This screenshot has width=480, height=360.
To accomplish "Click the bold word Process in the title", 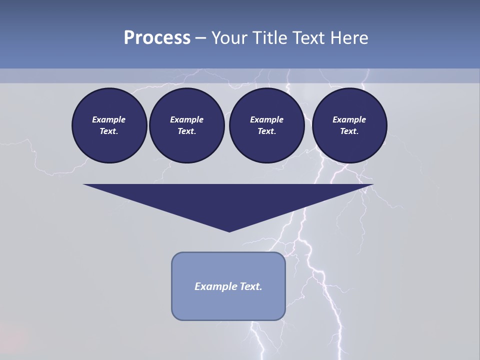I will (x=157, y=38).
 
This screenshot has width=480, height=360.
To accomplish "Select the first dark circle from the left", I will (x=109, y=125).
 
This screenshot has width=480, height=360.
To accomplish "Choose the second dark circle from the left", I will (x=186, y=125).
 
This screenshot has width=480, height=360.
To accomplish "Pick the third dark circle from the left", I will (x=266, y=125).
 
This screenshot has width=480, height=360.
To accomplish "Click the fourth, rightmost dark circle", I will (x=349, y=125).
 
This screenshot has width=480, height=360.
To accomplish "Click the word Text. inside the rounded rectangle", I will (x=250, y=286).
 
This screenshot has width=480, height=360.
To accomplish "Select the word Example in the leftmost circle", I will (x=109, y=119).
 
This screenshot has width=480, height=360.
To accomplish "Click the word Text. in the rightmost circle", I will (x=349, y=131).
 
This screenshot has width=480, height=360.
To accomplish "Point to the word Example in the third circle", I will (x=266, y=119).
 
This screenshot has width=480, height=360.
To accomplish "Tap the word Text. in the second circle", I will (x=186, y=131).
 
